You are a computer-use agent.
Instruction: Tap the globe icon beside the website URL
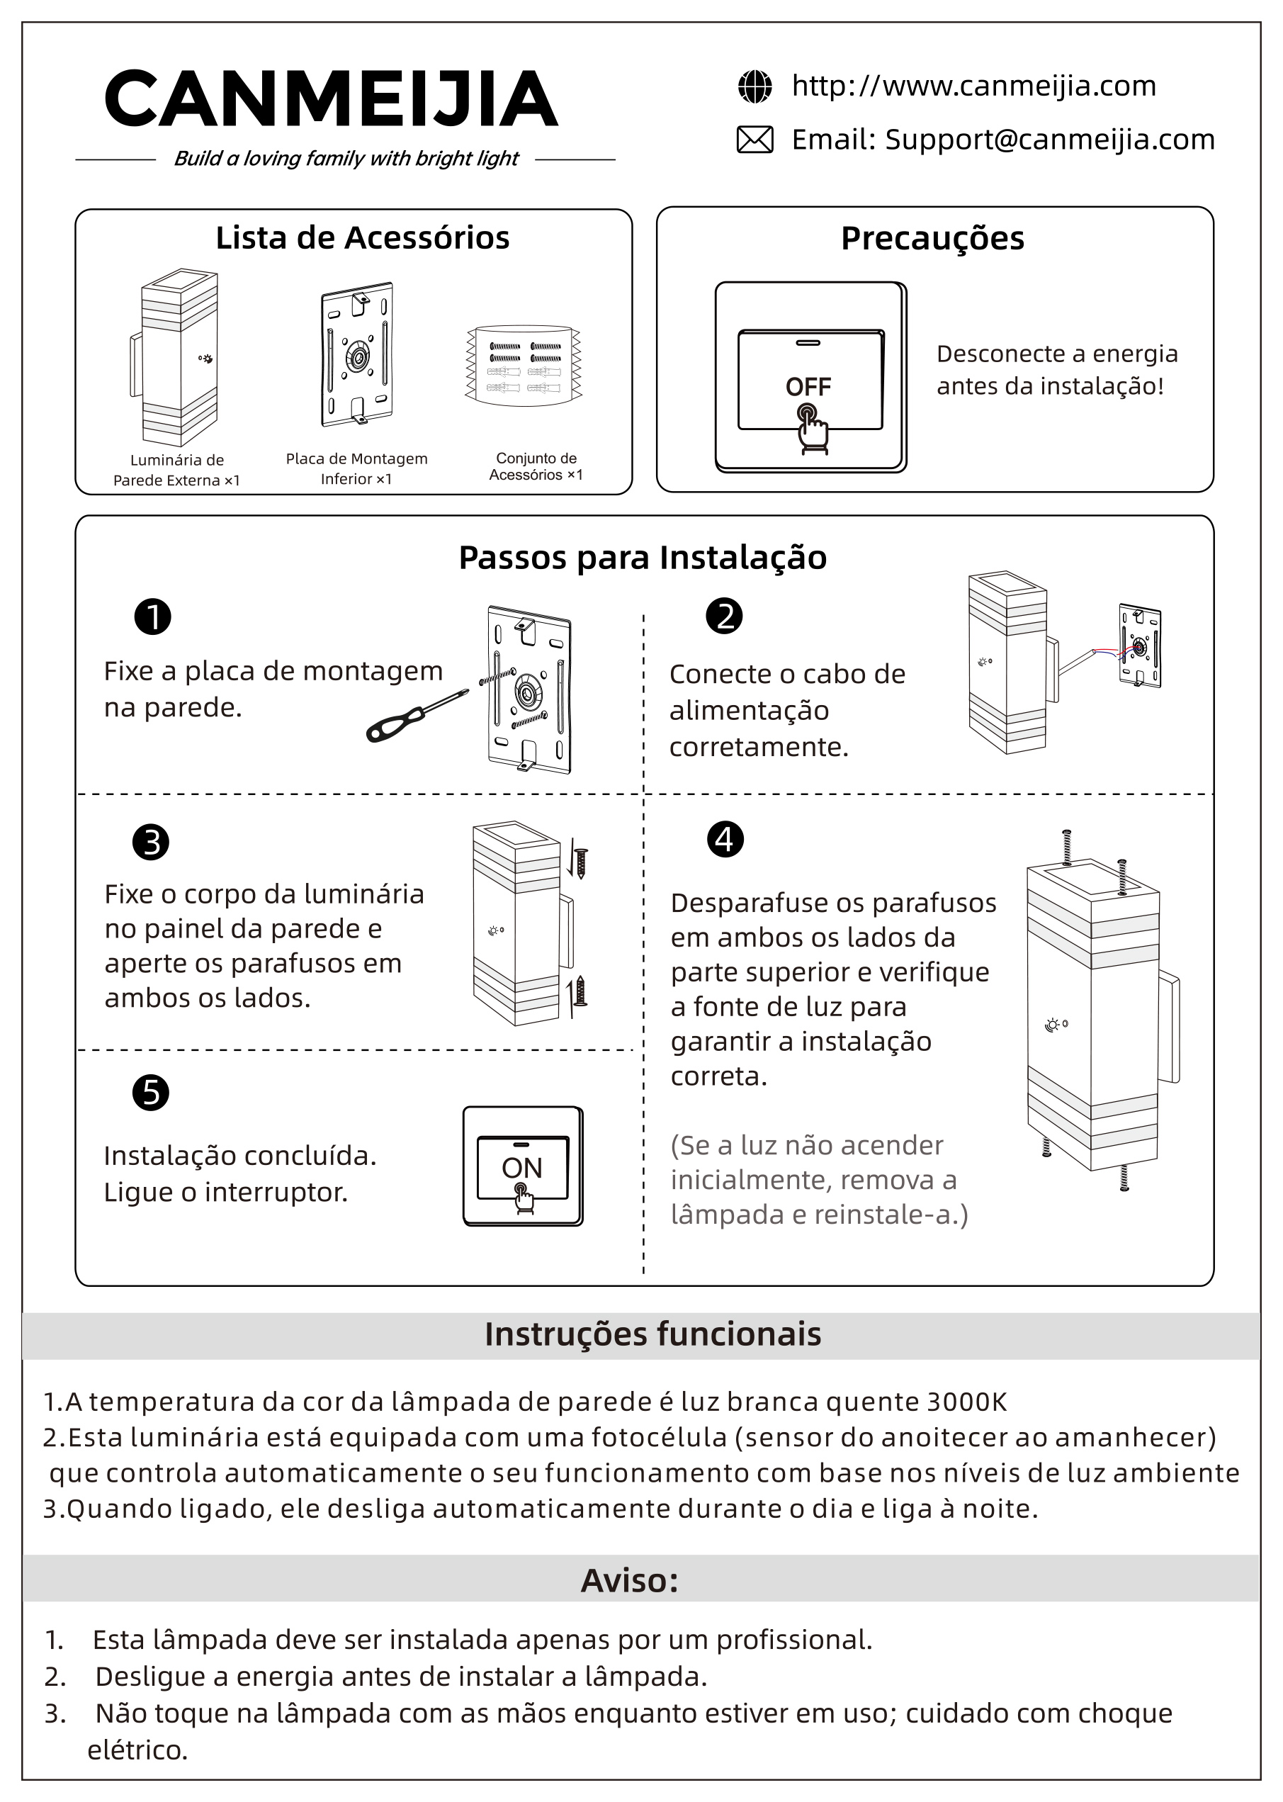754,87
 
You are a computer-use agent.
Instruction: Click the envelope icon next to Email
754,140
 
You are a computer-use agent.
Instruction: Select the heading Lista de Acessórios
363,238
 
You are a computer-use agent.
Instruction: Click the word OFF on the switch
808,387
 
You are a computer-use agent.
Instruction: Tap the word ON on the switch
521,1168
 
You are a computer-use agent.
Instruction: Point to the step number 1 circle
153,617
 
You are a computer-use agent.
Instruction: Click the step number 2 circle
725,616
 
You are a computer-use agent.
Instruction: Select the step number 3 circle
151,842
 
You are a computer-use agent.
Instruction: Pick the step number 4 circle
725,839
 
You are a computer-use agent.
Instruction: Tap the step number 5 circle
151,1093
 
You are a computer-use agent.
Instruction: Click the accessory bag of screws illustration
524,365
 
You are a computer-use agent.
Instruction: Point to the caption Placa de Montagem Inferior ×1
356,468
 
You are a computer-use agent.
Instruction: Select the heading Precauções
932,239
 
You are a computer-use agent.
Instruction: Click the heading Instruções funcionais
652,1334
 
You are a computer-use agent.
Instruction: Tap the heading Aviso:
630,1580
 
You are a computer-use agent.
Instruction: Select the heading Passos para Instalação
643,558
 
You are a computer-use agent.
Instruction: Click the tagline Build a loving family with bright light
346,159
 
